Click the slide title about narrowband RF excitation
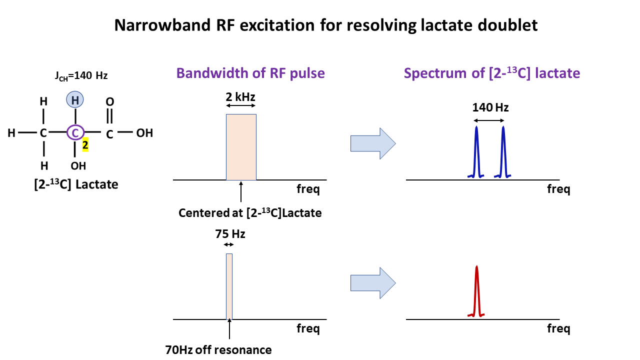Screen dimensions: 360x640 click(x=326, y=25)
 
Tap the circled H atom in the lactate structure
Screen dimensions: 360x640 click(x=75, y=100)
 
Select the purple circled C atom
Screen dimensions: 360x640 click(x=75, y=133)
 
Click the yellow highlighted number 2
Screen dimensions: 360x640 click(x=85, y=144)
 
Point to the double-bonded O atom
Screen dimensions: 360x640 click(x=110, y=101)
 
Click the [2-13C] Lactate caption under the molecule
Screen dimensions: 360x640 click(x=76, y=184)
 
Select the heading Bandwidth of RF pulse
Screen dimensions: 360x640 click(x=250, y=73)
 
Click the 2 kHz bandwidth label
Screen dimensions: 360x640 click(x=241, y=96)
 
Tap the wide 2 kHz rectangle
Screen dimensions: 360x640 click(x=241, y=147)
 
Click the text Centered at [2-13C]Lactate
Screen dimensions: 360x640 click(x=250, y=213)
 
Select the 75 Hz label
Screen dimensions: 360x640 click(x=230, y=233)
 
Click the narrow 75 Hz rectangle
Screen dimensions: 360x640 click(x=229, y=286)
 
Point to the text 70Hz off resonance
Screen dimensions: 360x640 click(x=218, y=349)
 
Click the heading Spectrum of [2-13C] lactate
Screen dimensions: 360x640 click(x=492, y=73)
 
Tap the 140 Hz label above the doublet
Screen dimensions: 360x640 click(x=490, y=107)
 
